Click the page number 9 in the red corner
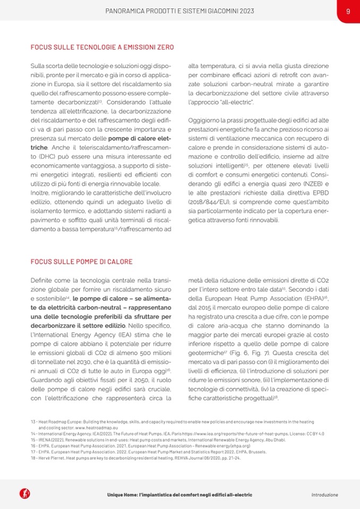[x=348, y=11]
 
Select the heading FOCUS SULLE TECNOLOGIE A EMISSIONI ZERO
[x=102, y=48]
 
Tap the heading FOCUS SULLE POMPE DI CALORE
[x=81, y=262]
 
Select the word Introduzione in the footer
[x=324, y=495]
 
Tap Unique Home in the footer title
[x=122, y=495]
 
